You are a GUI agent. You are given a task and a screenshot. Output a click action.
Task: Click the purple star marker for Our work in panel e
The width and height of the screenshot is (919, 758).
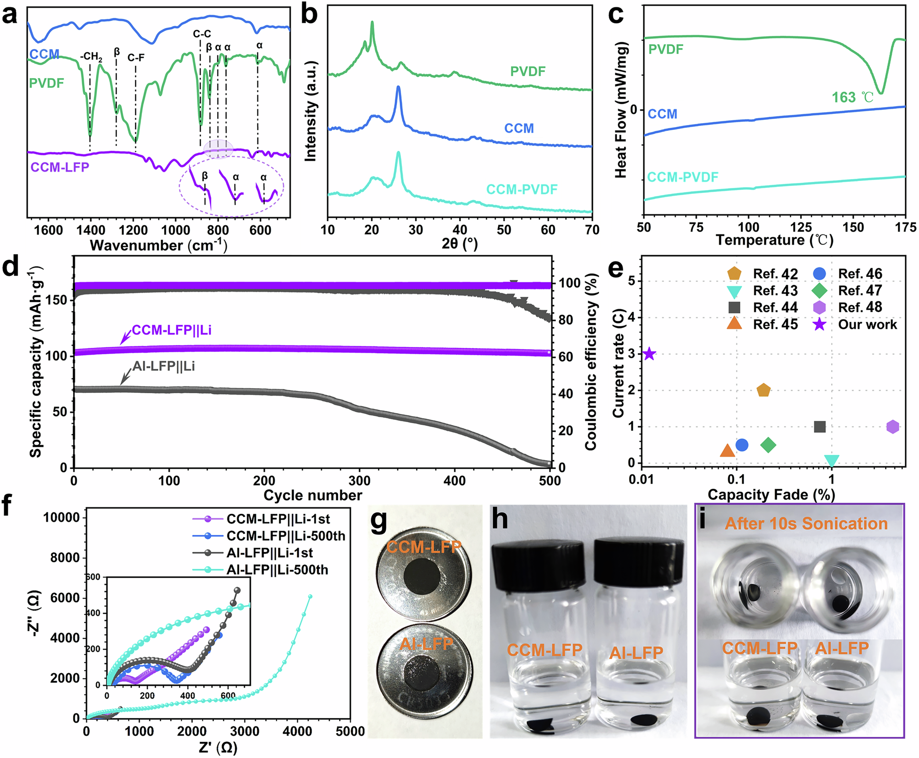click(x=649, y=354)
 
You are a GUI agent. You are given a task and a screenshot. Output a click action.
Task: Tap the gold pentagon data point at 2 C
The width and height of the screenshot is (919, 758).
click(x=763, y=390)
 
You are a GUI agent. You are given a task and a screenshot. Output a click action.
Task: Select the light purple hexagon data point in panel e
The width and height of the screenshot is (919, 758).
click(x=892, y=427)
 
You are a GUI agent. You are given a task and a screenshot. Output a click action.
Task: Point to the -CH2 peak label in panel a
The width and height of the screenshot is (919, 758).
click(x=91, y=57)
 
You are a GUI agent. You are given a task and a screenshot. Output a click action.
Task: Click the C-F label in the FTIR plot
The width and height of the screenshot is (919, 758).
click(x=136, y=58)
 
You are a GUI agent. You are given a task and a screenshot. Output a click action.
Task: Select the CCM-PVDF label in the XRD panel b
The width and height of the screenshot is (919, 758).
click(x=522, y=189)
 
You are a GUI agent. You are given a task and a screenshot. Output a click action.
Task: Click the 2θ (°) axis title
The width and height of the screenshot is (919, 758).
click(x=459, y=243)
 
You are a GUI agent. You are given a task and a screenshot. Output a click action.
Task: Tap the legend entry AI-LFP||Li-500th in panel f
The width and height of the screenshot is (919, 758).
click(x=277, y=570)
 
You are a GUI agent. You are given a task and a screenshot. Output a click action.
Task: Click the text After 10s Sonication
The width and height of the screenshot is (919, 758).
click(x=806, y=524)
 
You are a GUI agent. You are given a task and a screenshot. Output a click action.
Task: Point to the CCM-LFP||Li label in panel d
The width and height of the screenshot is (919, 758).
click(x=171, y=330)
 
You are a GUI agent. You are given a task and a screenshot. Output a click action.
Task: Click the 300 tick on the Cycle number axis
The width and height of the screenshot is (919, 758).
click(x=359, y=481)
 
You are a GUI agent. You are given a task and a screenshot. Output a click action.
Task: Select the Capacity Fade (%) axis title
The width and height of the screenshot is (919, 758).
click(x=771, y=495)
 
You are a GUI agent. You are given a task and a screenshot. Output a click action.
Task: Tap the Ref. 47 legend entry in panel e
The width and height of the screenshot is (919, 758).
click(x=860, y=291)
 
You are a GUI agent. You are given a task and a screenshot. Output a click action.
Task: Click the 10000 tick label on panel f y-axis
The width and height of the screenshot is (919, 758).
click(x=61, y=518)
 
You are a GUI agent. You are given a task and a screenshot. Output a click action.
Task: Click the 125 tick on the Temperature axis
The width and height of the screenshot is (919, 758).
click(x=800, y=227)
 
